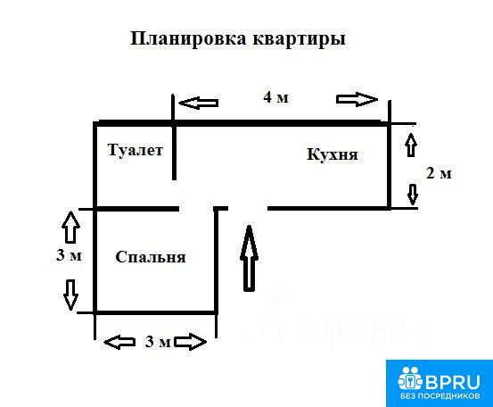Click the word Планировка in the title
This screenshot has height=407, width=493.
pyautogui.click(x=188, y=39)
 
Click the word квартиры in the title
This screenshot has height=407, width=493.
pyautogui.click(x=299, y=40)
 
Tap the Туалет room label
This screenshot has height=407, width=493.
pyautogui.click(x=136, y=150)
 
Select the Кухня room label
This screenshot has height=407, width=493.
pyautogui.click(x=333, y=154)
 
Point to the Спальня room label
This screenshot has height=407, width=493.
pyautogui.click(x=151, y=257)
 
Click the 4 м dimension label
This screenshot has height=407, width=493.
pyautogui.click(x=275, y=97)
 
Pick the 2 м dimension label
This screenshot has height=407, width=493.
pyautogui.click(x=439, y=173)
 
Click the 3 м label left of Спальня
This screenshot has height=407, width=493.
pyautogui.click(x=69, y=255)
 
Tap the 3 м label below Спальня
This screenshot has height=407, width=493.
pyautogui.click(x=158, y=342)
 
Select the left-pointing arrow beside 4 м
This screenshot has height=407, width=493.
pyautogui.click(x=199, y=103)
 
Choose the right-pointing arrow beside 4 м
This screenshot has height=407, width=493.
pyautogui.click(x=357, y=99)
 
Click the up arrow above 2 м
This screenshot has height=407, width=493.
pyautogui.click(x=411, y=145)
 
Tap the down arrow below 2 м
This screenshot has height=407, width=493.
pyautogui.click(x=413, y=195)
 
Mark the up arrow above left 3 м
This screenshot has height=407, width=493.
pyautogui.click(x=70, y=227)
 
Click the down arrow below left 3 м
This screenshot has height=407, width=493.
pyautogui.click(x=70, y=295)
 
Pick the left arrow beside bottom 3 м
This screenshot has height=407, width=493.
pyautogui.click(x=119, y=343)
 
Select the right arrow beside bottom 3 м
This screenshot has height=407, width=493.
pyautogui.click(x=191, y=342)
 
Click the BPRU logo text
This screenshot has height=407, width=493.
pyautogui.click(x=453, y=382)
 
